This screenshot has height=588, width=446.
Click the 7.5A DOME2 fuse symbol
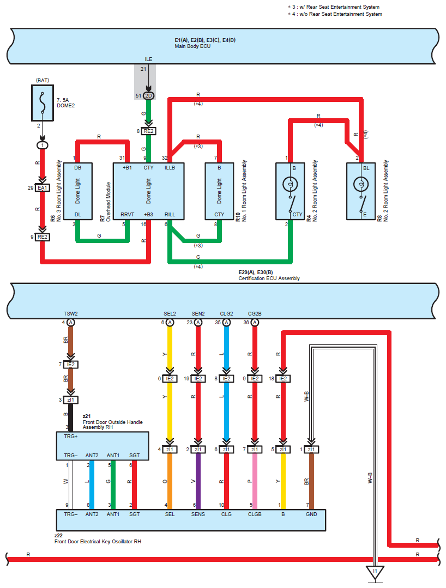43,103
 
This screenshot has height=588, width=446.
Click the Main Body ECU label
192,46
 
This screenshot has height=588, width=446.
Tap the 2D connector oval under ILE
148,95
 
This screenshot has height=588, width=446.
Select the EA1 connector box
43,188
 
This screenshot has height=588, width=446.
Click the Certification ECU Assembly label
269,278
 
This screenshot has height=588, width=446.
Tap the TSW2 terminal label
70,313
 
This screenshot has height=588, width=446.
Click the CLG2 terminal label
227,313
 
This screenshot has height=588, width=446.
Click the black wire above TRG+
70,417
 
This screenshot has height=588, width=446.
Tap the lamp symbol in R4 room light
290,185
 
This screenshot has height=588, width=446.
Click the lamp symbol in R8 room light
361,184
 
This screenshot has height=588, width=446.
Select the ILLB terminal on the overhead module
170,168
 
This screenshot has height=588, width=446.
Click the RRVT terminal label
127,215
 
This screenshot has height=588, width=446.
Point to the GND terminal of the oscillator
311,514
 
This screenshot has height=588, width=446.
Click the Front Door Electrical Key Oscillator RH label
98,542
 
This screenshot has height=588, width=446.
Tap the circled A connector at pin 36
255,323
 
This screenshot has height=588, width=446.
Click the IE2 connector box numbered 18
283,379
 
